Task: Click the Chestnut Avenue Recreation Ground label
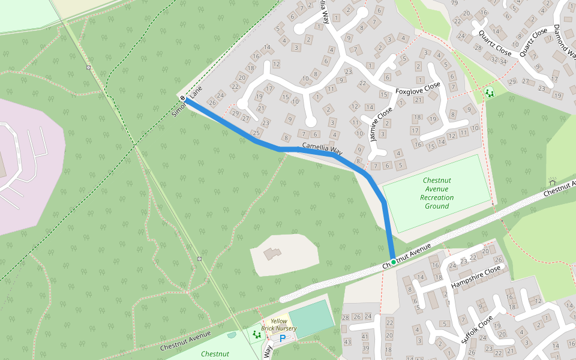(437, 193)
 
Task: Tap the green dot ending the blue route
(393, 262)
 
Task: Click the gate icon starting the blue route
(182, 97)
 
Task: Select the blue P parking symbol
(282, 338)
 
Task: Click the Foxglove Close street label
(418, 88)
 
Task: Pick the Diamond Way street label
(563, 43)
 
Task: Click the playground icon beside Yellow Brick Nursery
(257, 334)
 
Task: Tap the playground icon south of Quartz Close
(489, 93)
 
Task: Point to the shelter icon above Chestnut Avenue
(552, 182)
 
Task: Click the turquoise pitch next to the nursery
(311, 318)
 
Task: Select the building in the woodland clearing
(272, 254)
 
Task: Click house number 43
(347, 342)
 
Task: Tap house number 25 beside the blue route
(257, 133)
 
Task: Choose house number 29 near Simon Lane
(235, 113)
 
